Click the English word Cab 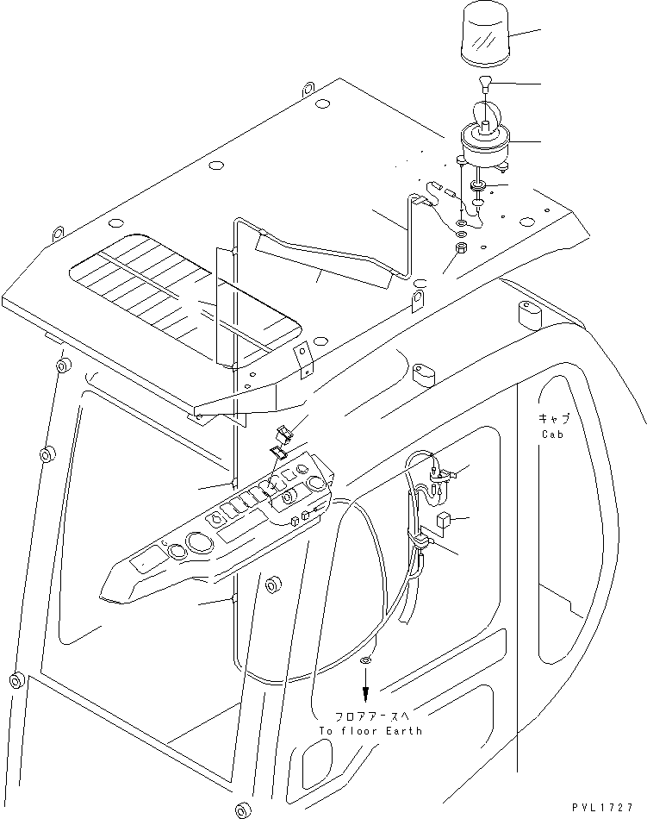(x=552, y=435)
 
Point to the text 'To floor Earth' (x=370, y=730)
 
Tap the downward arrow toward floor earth (x=366, y=690)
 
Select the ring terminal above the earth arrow (x=366, y=661)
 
